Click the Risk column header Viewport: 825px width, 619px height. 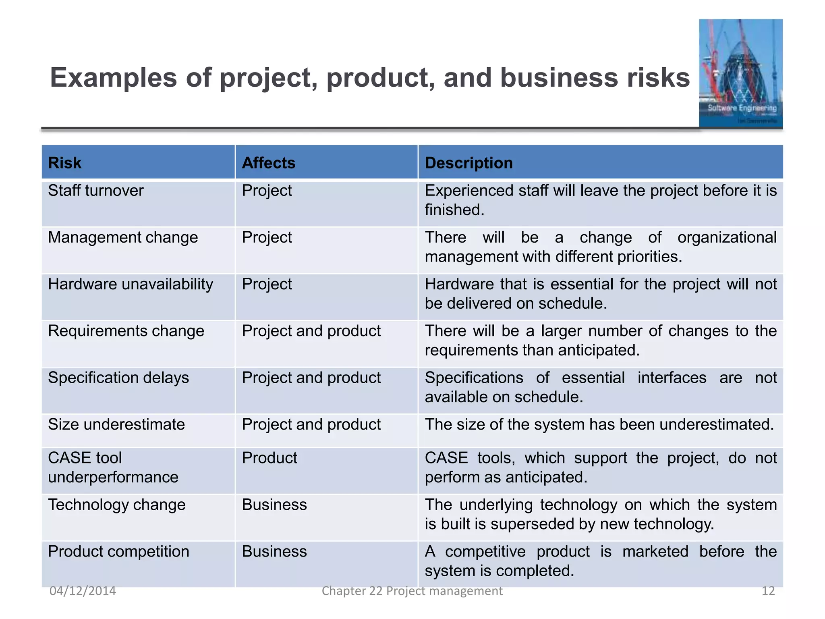tap(65, 163)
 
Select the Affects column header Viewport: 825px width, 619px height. tap(269, 163)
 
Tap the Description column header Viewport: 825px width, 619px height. tap(468, 163)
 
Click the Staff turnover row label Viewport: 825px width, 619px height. tap(96, 191)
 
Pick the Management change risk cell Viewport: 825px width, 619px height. tap(123, 237)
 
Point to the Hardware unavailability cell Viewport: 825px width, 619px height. tap(131, 284)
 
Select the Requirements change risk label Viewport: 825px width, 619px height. tap(126, 331)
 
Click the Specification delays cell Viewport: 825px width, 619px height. tap(118, 378)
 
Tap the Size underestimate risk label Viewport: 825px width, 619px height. tap(116, 424)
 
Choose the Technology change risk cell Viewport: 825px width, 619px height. tap(117, 505)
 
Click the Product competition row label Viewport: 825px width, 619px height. tap(118, 551)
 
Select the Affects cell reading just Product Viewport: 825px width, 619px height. tap(269, 458)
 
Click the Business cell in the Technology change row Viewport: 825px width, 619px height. tap(274, 505)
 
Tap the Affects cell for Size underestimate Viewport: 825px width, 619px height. tap(311, 424)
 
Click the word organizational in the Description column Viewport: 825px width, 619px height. tap(727, 237)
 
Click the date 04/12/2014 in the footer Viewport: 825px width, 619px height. tap(83, 591)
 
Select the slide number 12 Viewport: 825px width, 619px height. tap(768, 591)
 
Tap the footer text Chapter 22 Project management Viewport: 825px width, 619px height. tap(412, 591)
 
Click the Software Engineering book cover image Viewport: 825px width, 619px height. tap(741, 73)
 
